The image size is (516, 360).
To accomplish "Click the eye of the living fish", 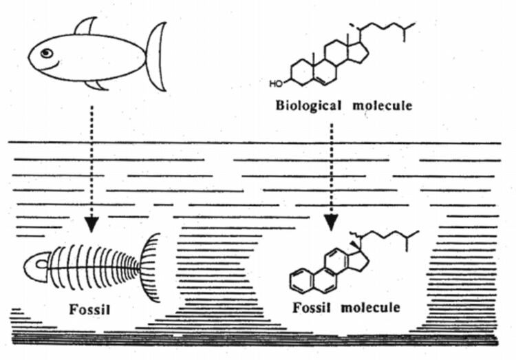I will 46,53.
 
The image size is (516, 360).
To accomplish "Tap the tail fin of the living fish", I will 156,56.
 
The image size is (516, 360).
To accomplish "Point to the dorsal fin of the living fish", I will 86,27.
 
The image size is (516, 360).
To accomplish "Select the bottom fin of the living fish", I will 97,84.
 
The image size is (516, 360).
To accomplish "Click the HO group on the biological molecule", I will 276,85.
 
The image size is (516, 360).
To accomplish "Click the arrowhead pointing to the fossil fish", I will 93,224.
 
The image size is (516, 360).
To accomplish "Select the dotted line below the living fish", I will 92,158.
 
